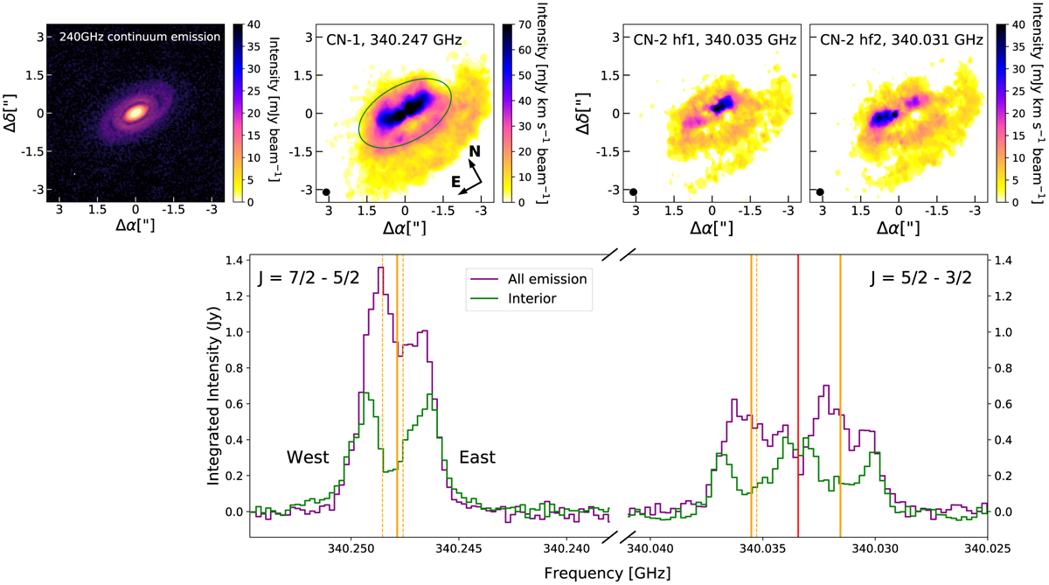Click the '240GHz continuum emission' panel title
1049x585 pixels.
[x=135, y=38]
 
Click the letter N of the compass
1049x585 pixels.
[x=474, y=151]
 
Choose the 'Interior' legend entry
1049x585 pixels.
[x=531, y=299]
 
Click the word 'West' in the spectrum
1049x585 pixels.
[x=308, y=457]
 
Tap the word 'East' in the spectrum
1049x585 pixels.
[x=476, y=457]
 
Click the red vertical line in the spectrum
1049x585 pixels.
[x=798, y=393]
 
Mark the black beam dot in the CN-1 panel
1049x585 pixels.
[x=326, y=192]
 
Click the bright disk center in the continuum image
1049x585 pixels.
[x=135, y=113]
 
